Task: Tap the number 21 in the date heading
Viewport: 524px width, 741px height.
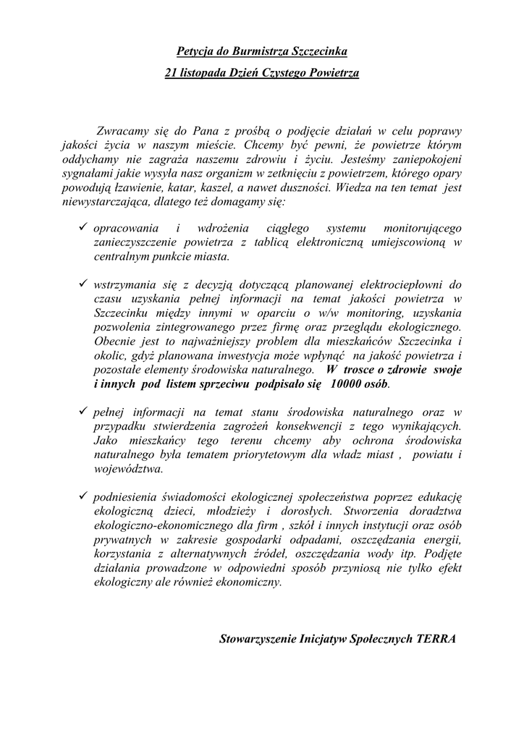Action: (x=172, y=73)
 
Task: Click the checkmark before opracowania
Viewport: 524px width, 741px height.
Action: (x=83, y=227)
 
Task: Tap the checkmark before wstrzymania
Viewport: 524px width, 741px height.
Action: (x=83, y=283)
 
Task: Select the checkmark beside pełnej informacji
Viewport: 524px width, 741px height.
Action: (x=83, y=410)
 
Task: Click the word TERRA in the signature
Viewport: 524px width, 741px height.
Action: (x=437, y=639)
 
